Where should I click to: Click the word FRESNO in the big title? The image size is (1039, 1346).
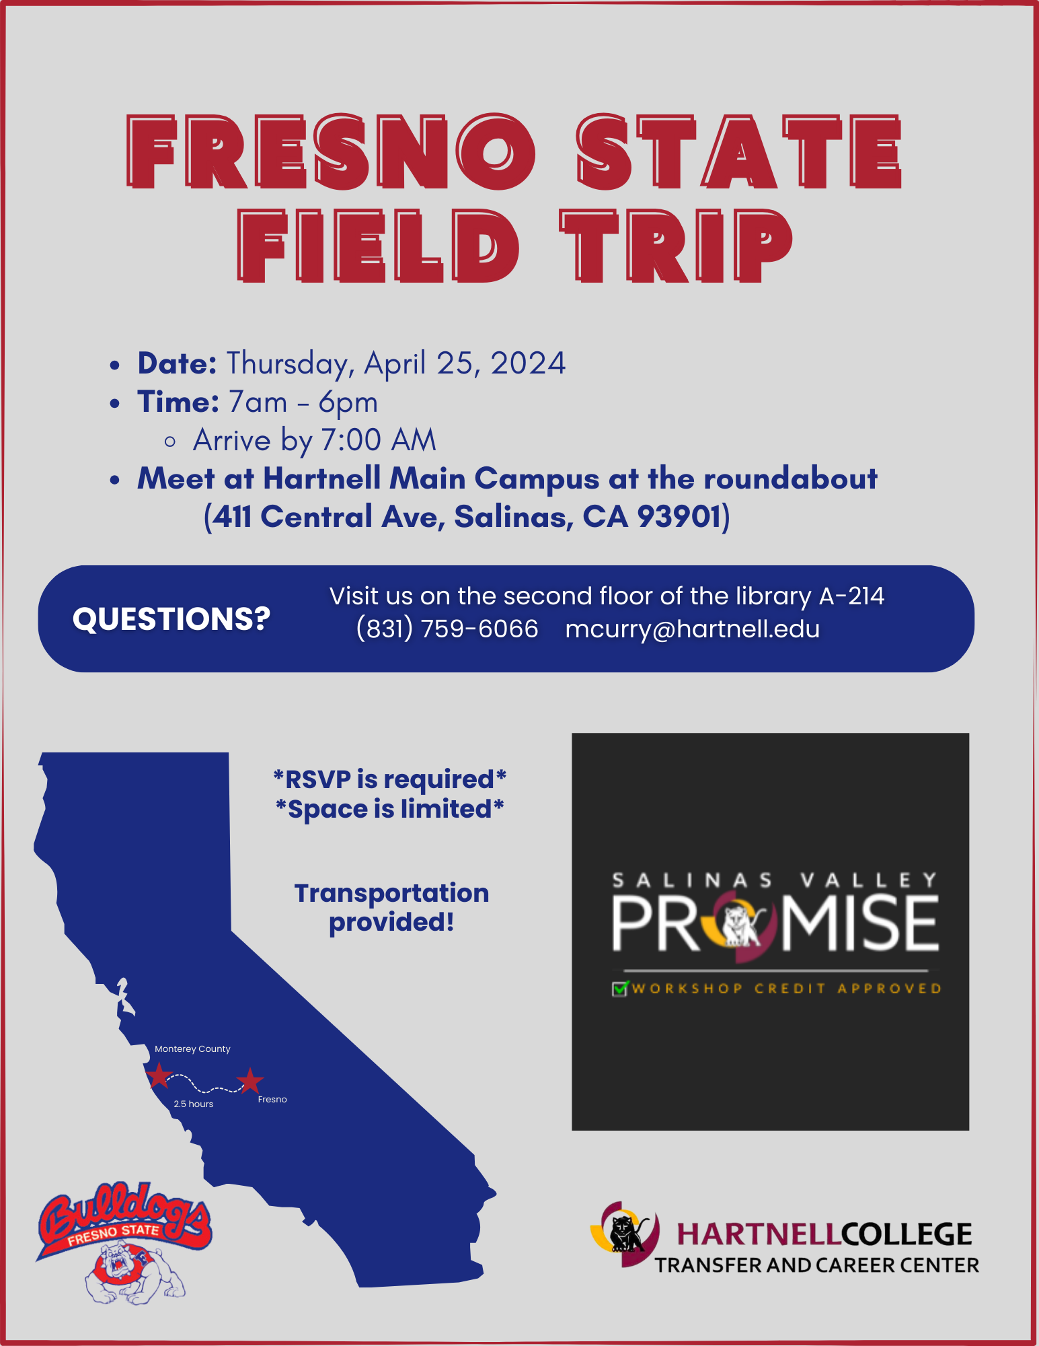[331, 152]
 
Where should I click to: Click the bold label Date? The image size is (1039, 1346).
[177, 363]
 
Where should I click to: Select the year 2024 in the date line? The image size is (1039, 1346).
[528, 363]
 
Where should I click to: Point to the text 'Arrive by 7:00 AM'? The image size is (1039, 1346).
[315, 440]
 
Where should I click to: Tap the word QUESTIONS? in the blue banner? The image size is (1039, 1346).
[171, 618]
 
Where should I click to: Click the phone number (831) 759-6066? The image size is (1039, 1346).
[447, 629]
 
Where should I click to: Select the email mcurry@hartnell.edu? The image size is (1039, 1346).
[693, 629]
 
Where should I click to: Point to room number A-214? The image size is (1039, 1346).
[851, 596]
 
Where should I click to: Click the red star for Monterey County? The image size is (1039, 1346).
[159, 1075]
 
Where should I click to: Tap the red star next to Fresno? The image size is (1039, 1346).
[249, 1080]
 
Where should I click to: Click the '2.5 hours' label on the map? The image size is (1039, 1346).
[194, 1104]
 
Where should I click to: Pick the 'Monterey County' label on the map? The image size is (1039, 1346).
[192, 1049]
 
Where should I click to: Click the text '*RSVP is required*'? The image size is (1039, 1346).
[390, 779]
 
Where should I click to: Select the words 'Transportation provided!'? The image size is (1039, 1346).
[391, 907]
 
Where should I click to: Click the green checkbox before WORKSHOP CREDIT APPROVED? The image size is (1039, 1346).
[619, 989]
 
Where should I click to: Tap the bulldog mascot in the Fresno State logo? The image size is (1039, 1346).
[134, 1272]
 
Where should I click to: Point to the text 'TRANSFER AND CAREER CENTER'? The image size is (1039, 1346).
[817, 1265]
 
